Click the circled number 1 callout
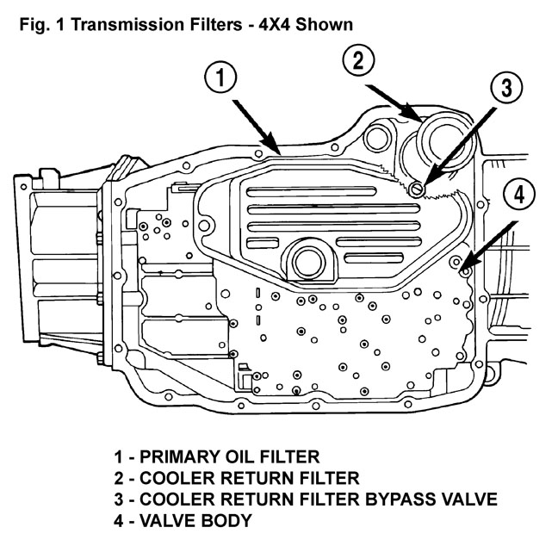[223, 78]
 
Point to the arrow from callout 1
[255, 124]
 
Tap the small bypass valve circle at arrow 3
[417, 189]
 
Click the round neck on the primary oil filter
[306, 259]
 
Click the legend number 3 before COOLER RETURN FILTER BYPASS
[118, 499]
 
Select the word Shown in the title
[322, 24]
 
